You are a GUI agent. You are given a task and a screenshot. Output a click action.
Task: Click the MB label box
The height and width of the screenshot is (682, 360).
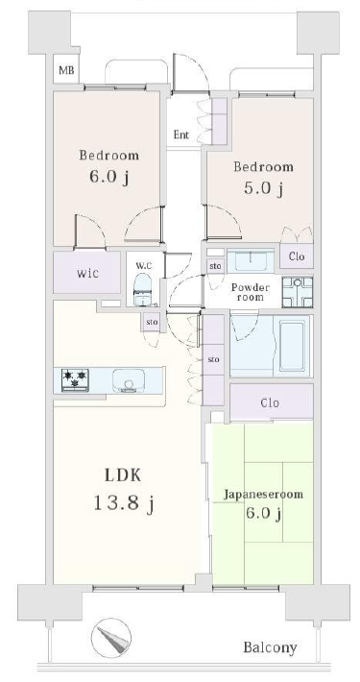[x=66, y=69]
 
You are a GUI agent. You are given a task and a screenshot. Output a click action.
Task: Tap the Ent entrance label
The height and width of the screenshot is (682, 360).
[x=181, y=134]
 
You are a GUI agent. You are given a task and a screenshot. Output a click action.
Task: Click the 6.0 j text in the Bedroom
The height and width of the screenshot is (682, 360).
[x=108, y=177]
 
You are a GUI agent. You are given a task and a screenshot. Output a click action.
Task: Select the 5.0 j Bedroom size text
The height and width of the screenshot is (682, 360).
[x=264, y=189]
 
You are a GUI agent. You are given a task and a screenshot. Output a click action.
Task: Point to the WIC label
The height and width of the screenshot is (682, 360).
[x=87, y=274]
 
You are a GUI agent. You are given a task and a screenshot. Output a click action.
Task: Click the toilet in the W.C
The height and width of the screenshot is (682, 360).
[x=142, y=290]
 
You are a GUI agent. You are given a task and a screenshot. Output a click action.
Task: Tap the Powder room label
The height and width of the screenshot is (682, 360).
[x=250, y=292]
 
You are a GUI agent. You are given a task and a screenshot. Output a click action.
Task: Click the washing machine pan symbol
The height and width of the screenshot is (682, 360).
[x=297, y=292]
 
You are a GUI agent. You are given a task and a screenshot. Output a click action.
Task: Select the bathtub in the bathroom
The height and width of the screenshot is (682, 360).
[x=291, y=346]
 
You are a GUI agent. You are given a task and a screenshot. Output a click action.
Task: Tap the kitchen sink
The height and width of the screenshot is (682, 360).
[x=129, y=380]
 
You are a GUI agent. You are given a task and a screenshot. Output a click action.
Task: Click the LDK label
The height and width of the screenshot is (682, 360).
[x=123, y=475]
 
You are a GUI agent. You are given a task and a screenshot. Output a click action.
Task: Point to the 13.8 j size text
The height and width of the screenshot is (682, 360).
[x=124, y=503]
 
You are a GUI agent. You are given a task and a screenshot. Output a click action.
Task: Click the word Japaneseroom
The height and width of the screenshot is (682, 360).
[x=263, y=495]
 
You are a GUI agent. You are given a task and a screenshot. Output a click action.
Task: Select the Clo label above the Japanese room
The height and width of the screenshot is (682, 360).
[x=270, y=402]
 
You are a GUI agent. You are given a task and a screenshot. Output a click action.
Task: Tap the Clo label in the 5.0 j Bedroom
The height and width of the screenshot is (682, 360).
[x=296, y=256]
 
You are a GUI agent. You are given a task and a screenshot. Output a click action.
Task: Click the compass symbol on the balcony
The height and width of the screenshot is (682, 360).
[x=111, y=638]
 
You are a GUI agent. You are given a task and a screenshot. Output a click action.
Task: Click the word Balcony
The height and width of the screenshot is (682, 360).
[x=270, y=647]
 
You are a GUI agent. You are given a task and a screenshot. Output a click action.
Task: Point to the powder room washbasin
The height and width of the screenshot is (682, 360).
[x=251, y=261]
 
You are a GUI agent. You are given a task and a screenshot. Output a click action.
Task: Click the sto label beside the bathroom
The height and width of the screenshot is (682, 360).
[x=213, y=359]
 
